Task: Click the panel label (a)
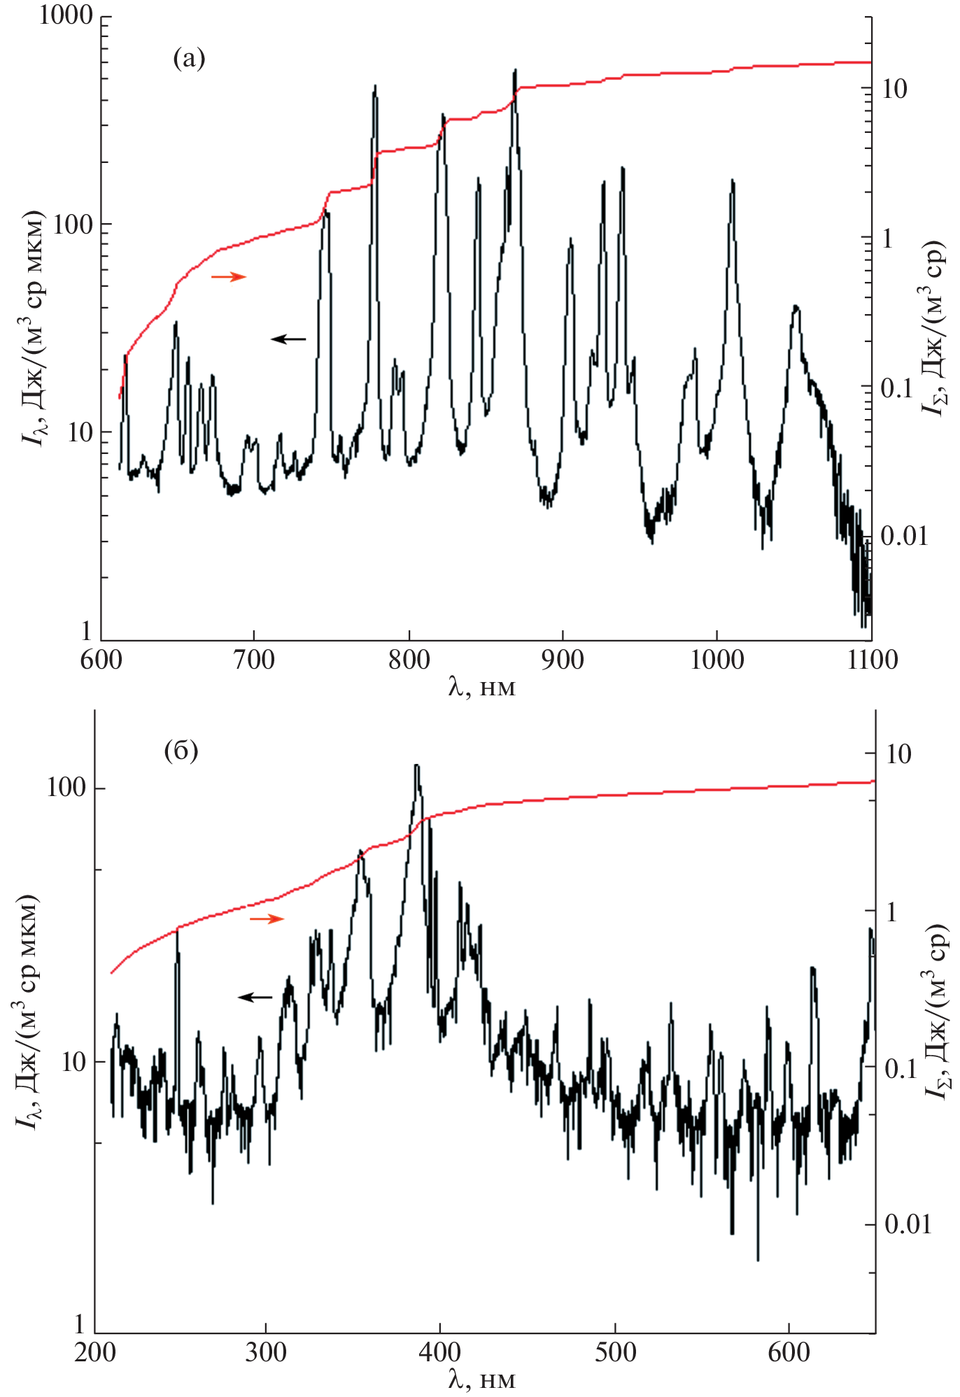pyautogui.click(x=189, y=58)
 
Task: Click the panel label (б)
pyautogui.click(x=181, y=751)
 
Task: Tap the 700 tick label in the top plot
pyautogui.click(x=253, y=660)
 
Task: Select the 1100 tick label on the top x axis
pyautogui.click(x=872, y=660)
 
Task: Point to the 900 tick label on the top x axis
pyautogui.click(x=563, y=660)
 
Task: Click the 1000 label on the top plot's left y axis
pyautogui.click(x=66, y=15)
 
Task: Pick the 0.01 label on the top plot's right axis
pyautogui.click(x=903, y=537)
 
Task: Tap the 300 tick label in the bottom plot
pyautogui.click(x=265, y=1352)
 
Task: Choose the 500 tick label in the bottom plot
pyautogui.click(x=616, y=1352)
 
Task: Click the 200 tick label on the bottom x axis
pyautogui.click(x=95, y=1352)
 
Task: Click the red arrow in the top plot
pyautogui.click(x=229, y=277)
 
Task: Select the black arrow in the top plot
pyautogui.click(x=288, y=339)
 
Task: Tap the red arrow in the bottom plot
pyautogui.click(x=267, y=919)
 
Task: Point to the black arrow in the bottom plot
pyautogui.click(x=255, y=997)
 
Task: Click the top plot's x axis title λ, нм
pyautogui.click(x=481, y=688)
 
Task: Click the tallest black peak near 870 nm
pyautogui.click(x=516, y=71)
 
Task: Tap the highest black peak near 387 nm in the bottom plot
pyautogui.click(x=417, y=767)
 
